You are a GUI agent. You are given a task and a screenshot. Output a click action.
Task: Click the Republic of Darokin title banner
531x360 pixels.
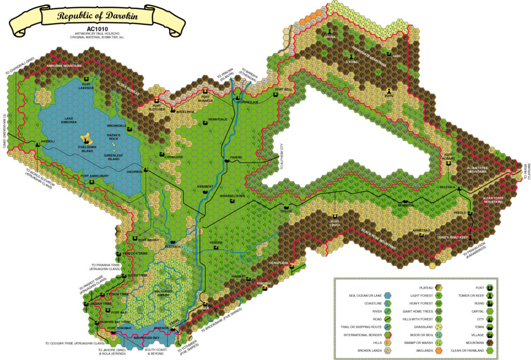[97, 17]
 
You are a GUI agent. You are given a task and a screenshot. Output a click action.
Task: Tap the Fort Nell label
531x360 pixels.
[284, 89]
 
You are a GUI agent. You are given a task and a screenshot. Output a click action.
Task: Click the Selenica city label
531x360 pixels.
[446, 187]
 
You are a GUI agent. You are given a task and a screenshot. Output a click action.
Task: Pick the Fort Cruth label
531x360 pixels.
[336, 224]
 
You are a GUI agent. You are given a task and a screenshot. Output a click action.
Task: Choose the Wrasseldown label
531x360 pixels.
[232, 196]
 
